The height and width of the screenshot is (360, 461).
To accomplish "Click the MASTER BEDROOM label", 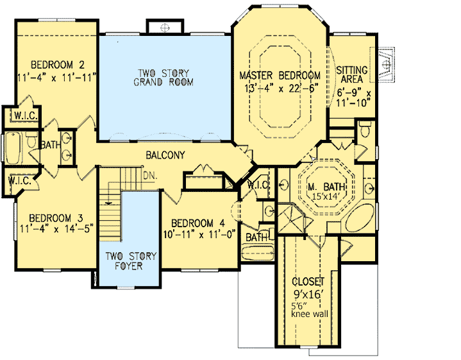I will (280, 76).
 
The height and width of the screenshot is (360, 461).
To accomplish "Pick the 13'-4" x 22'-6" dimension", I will (280, 88).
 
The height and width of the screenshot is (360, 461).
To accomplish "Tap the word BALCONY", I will (165, 155).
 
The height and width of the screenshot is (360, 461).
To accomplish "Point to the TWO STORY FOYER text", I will (130, 261).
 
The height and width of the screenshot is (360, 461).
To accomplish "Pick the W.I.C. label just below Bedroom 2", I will (20, 117).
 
